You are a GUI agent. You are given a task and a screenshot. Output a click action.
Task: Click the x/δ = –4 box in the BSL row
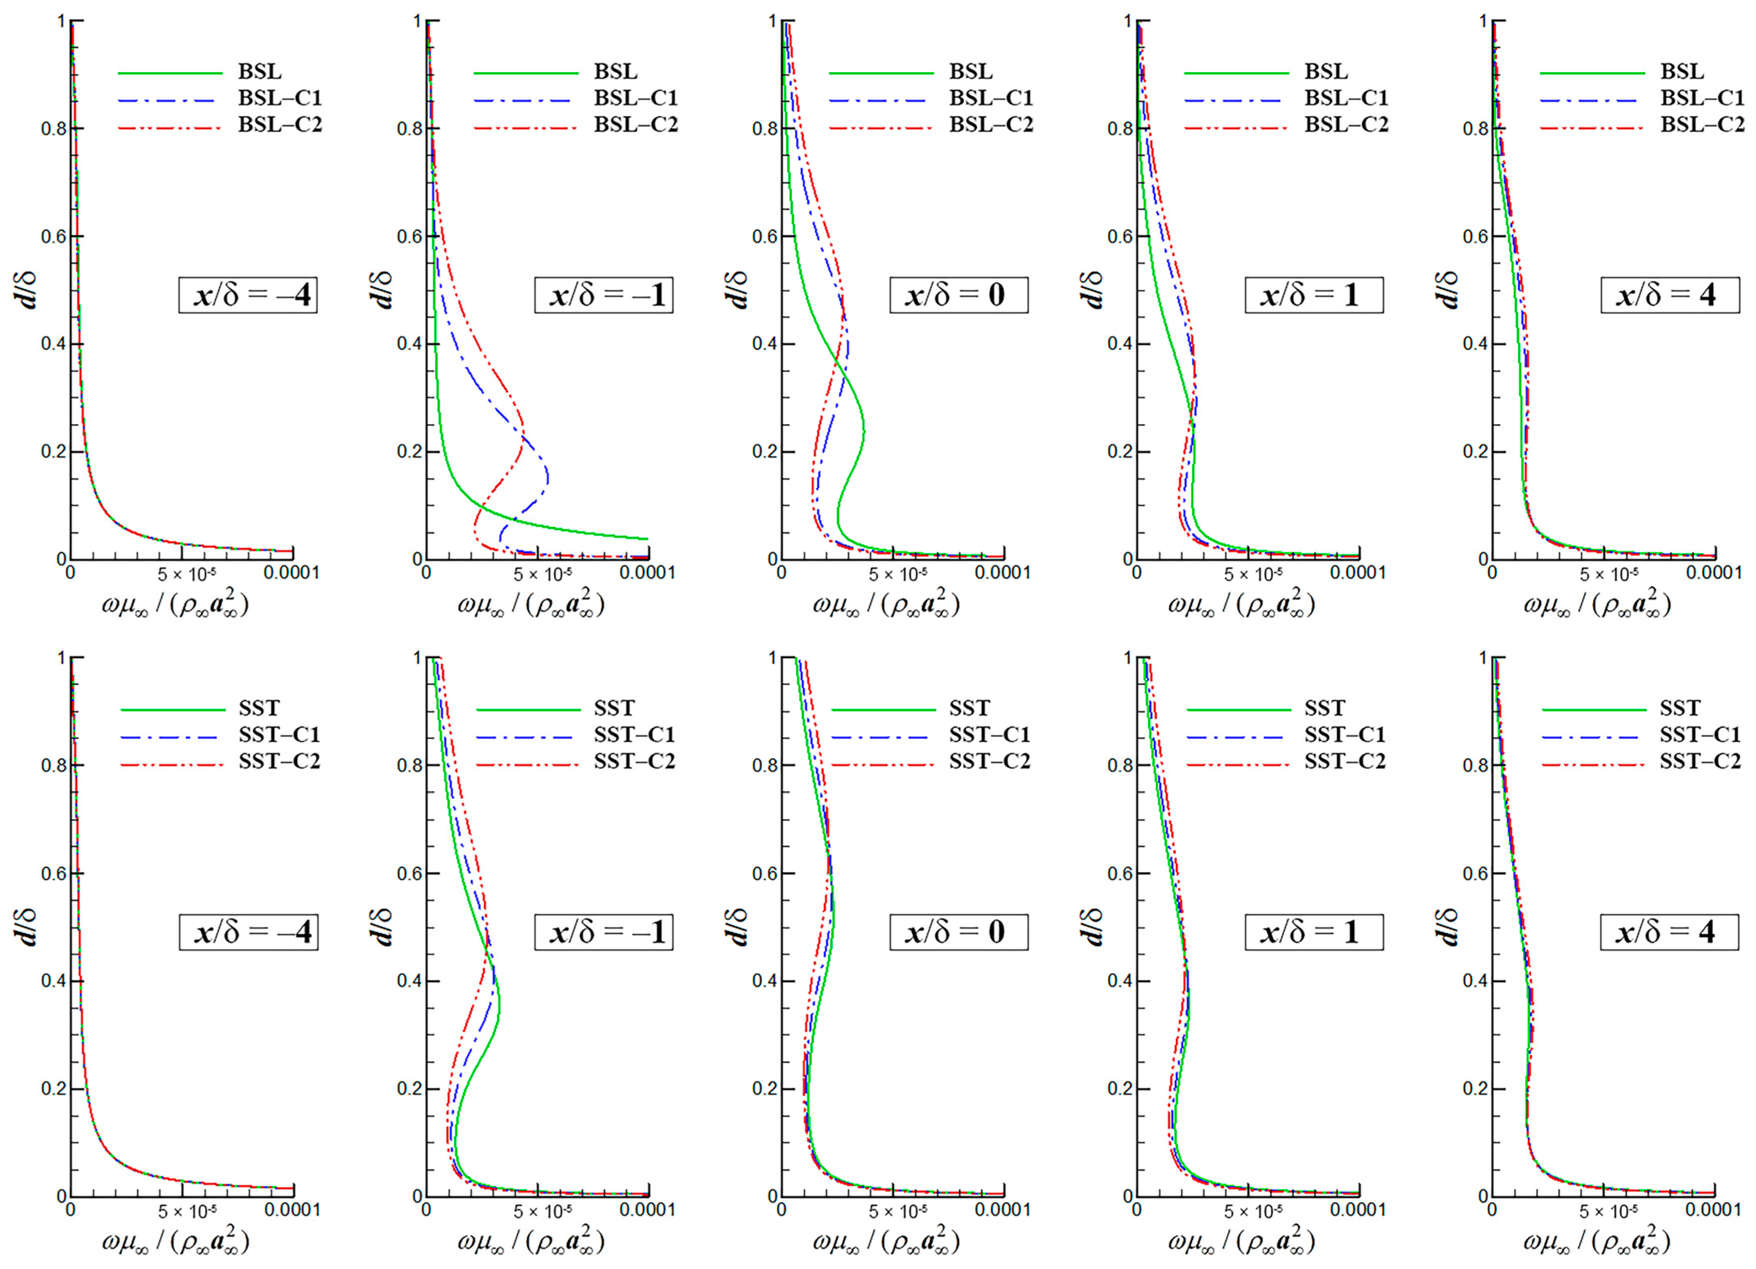248,295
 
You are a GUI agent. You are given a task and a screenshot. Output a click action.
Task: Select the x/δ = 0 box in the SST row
959,932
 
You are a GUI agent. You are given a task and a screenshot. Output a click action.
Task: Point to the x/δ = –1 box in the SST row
603,932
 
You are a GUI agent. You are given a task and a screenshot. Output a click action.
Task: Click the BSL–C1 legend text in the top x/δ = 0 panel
991,98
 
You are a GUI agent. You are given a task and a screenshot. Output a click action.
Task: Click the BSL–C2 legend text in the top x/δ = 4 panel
1702,125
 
